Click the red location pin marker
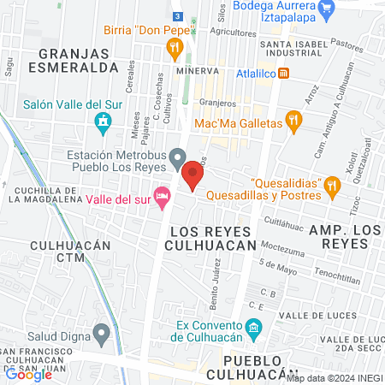192,177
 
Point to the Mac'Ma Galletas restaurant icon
294,122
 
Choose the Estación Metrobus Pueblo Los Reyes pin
177,156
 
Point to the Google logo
29,374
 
